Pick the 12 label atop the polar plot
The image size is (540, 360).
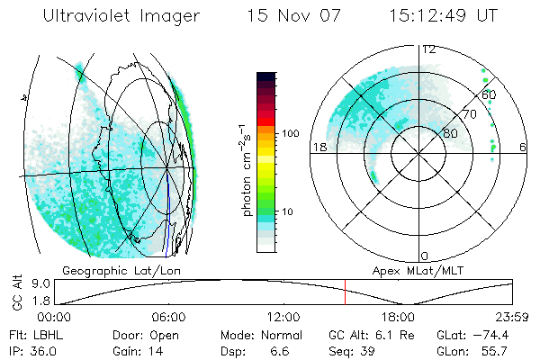click(428, 49)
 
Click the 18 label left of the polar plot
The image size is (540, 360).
click(318, 148)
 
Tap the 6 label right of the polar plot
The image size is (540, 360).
click(523, 148)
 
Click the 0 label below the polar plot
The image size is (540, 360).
click(425, 256)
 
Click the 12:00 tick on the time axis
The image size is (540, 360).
click(283, 318)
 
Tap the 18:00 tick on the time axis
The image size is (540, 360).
click(398, 318)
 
